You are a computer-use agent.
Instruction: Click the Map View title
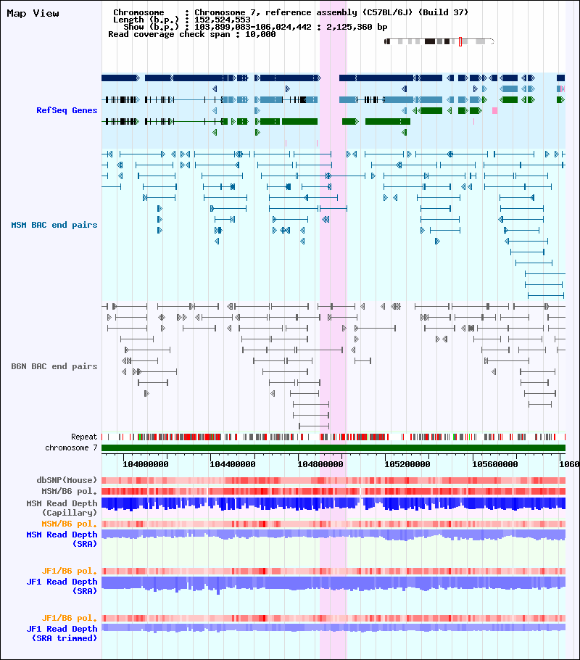(33, 14)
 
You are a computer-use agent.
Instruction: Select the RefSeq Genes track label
(67, 110)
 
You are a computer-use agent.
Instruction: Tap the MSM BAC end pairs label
(54, 225)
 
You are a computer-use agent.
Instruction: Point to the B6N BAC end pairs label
(54, 366)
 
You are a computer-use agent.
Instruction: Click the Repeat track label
(84, 437)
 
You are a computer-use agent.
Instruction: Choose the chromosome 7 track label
(71, 447)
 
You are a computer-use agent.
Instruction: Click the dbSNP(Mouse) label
(67, 480)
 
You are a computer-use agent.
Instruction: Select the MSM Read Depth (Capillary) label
(62, 508)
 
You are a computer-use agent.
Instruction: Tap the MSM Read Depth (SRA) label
(62, 539)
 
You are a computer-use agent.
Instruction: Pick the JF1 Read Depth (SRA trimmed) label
(62, 633)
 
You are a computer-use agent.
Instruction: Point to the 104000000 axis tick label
(145, 464)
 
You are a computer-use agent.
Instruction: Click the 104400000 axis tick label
(232, 464)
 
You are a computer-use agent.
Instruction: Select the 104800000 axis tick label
(320, 464)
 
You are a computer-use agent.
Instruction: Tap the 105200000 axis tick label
(407, 464)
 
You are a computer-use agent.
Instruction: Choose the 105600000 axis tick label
(494, 464)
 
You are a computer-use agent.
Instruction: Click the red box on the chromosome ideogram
(460, 41)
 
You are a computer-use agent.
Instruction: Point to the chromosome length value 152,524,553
(223, 20)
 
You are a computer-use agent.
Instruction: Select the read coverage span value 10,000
(260, 34)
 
